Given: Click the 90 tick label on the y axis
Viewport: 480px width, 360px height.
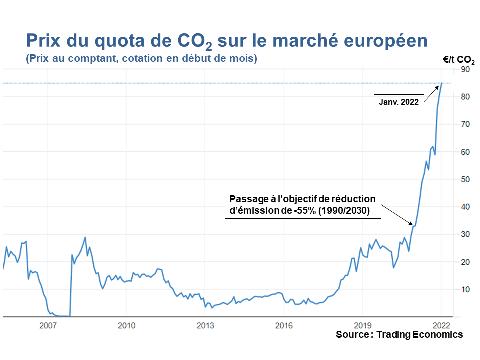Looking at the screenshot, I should point(466,69).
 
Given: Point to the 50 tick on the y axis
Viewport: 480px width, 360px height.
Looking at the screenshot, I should point(466,179).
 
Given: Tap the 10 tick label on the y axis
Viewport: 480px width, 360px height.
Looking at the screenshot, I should point(466,289).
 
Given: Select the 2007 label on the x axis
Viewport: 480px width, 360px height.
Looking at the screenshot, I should point(47,326).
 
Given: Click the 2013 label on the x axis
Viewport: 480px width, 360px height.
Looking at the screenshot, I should point(205,326).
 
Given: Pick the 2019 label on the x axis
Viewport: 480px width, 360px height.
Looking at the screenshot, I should point(362,326).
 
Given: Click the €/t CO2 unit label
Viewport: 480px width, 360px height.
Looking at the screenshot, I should point(458,59).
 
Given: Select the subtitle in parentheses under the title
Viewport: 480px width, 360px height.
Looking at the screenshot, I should point(141,59).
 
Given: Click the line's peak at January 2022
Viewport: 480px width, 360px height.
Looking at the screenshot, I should point(442,83).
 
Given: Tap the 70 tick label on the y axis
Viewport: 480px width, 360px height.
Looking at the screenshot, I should point(466,124).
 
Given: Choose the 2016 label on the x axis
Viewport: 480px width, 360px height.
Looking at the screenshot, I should point(284,326).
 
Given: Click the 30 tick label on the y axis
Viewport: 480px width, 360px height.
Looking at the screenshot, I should point(466,234).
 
